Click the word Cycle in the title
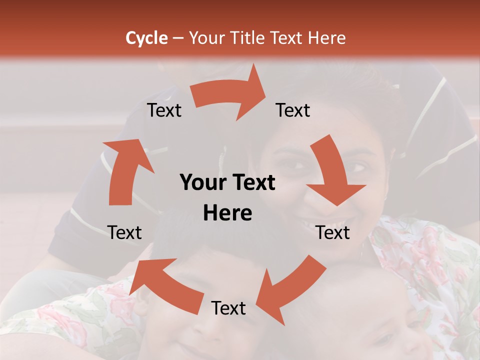tap(146, 38)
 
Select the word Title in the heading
tap(249, 38)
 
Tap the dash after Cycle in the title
tap(178, 38)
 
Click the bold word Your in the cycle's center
tap(199, 183)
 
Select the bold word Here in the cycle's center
tap(227, 213)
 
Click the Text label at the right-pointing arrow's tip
tap(293, 110)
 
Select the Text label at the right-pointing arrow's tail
tap(164, 110)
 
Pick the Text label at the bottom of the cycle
tap(228, 308)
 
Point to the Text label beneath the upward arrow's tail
tap(124, 232)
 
